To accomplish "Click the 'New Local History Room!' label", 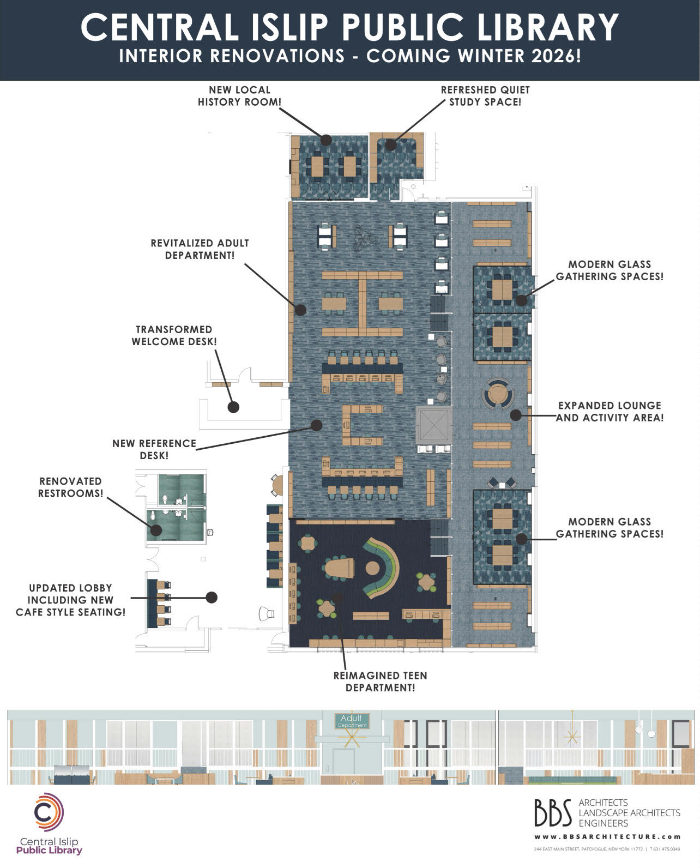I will [239, 96].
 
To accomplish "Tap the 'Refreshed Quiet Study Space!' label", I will [485, 96].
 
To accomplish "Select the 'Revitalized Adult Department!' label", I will [200, 249].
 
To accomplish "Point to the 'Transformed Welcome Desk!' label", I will [174, 335].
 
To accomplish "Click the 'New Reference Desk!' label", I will [154, 449].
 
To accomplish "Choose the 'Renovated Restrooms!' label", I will [70, 487].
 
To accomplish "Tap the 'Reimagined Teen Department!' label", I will [380, 682].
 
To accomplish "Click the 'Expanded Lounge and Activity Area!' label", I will [610, 412].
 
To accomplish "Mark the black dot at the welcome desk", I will [233, 407].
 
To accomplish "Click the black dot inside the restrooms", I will [156, 529].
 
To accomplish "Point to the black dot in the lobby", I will [212, 598].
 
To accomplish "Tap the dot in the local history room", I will [326, 140].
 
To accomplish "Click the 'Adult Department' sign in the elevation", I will [352, 721].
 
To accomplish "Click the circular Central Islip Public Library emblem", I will [49, 812].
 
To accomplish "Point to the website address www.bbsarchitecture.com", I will [607, 837].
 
